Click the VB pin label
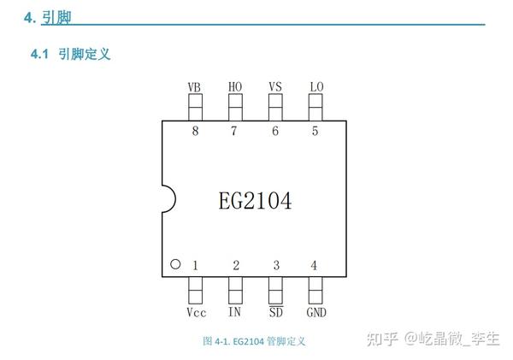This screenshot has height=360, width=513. point(194,87)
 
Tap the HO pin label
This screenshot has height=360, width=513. point(235,87)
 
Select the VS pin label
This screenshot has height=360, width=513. point(275,87)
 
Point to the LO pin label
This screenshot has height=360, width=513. point(315,87)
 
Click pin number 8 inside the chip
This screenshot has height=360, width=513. point(195,131)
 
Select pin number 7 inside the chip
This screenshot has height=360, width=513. point(234,131)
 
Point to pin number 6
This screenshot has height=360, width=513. point(275,131)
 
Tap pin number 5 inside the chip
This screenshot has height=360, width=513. point(315,131)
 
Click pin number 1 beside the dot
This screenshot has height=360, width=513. point(195,266)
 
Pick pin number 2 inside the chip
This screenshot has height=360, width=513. point(235,266)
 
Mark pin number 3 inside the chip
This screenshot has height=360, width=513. point(275,266)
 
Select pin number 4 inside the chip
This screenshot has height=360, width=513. point(314,266)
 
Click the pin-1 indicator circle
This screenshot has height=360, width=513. point(175,265)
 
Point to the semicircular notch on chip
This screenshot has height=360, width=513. point(168,199)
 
